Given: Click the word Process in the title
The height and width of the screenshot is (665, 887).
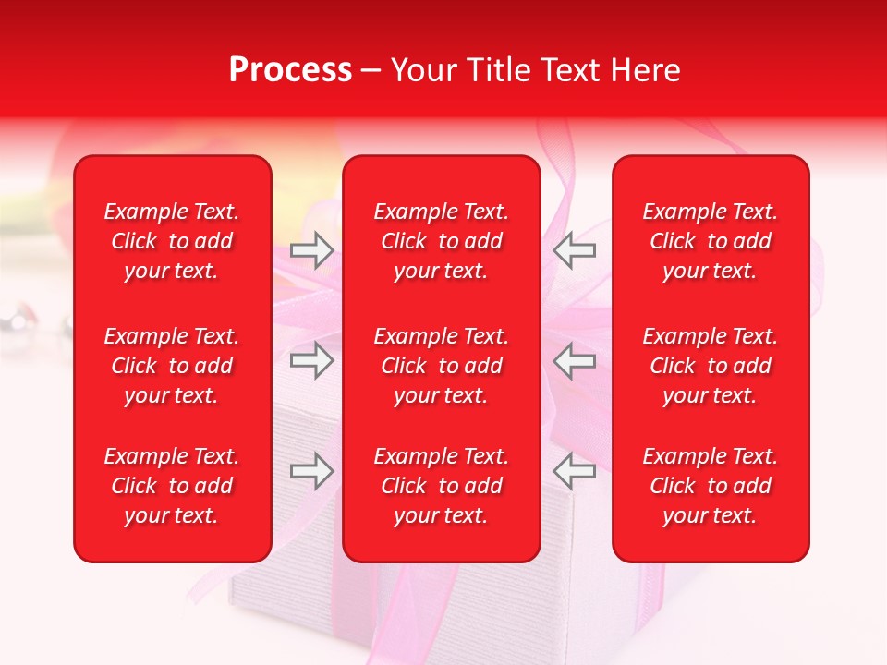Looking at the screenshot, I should tap(290, 70).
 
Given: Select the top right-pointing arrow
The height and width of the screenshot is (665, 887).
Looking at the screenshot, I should tap(311, 250).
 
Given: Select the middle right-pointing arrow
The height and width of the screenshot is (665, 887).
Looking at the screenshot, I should tap(311, 360).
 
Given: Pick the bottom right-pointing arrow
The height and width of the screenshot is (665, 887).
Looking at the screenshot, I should tap(311, 471).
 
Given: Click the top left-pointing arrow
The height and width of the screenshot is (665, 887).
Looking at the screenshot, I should tap(575, 250).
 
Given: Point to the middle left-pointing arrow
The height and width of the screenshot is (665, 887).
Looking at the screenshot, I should tap(575, 360).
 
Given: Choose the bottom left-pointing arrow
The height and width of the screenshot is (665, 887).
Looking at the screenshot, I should tap(575, 471).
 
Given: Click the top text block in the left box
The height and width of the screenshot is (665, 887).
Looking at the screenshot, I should tap(172, 241).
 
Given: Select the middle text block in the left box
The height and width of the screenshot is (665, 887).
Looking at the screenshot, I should tap(172, 366).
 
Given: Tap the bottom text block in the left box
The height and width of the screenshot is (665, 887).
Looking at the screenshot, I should tap(172, 486).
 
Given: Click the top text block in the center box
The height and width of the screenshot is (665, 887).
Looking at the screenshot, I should tap(441, 241).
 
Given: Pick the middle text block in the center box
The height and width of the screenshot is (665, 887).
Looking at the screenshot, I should tap(441, 366).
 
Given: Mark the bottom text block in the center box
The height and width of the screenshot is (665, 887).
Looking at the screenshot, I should tap(441, 486).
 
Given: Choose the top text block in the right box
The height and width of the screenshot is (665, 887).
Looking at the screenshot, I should tap(710, 241).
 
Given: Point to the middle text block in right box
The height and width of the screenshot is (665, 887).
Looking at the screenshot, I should tap(710, 366).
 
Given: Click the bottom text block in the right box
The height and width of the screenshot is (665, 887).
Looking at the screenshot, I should tap(710, 486).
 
